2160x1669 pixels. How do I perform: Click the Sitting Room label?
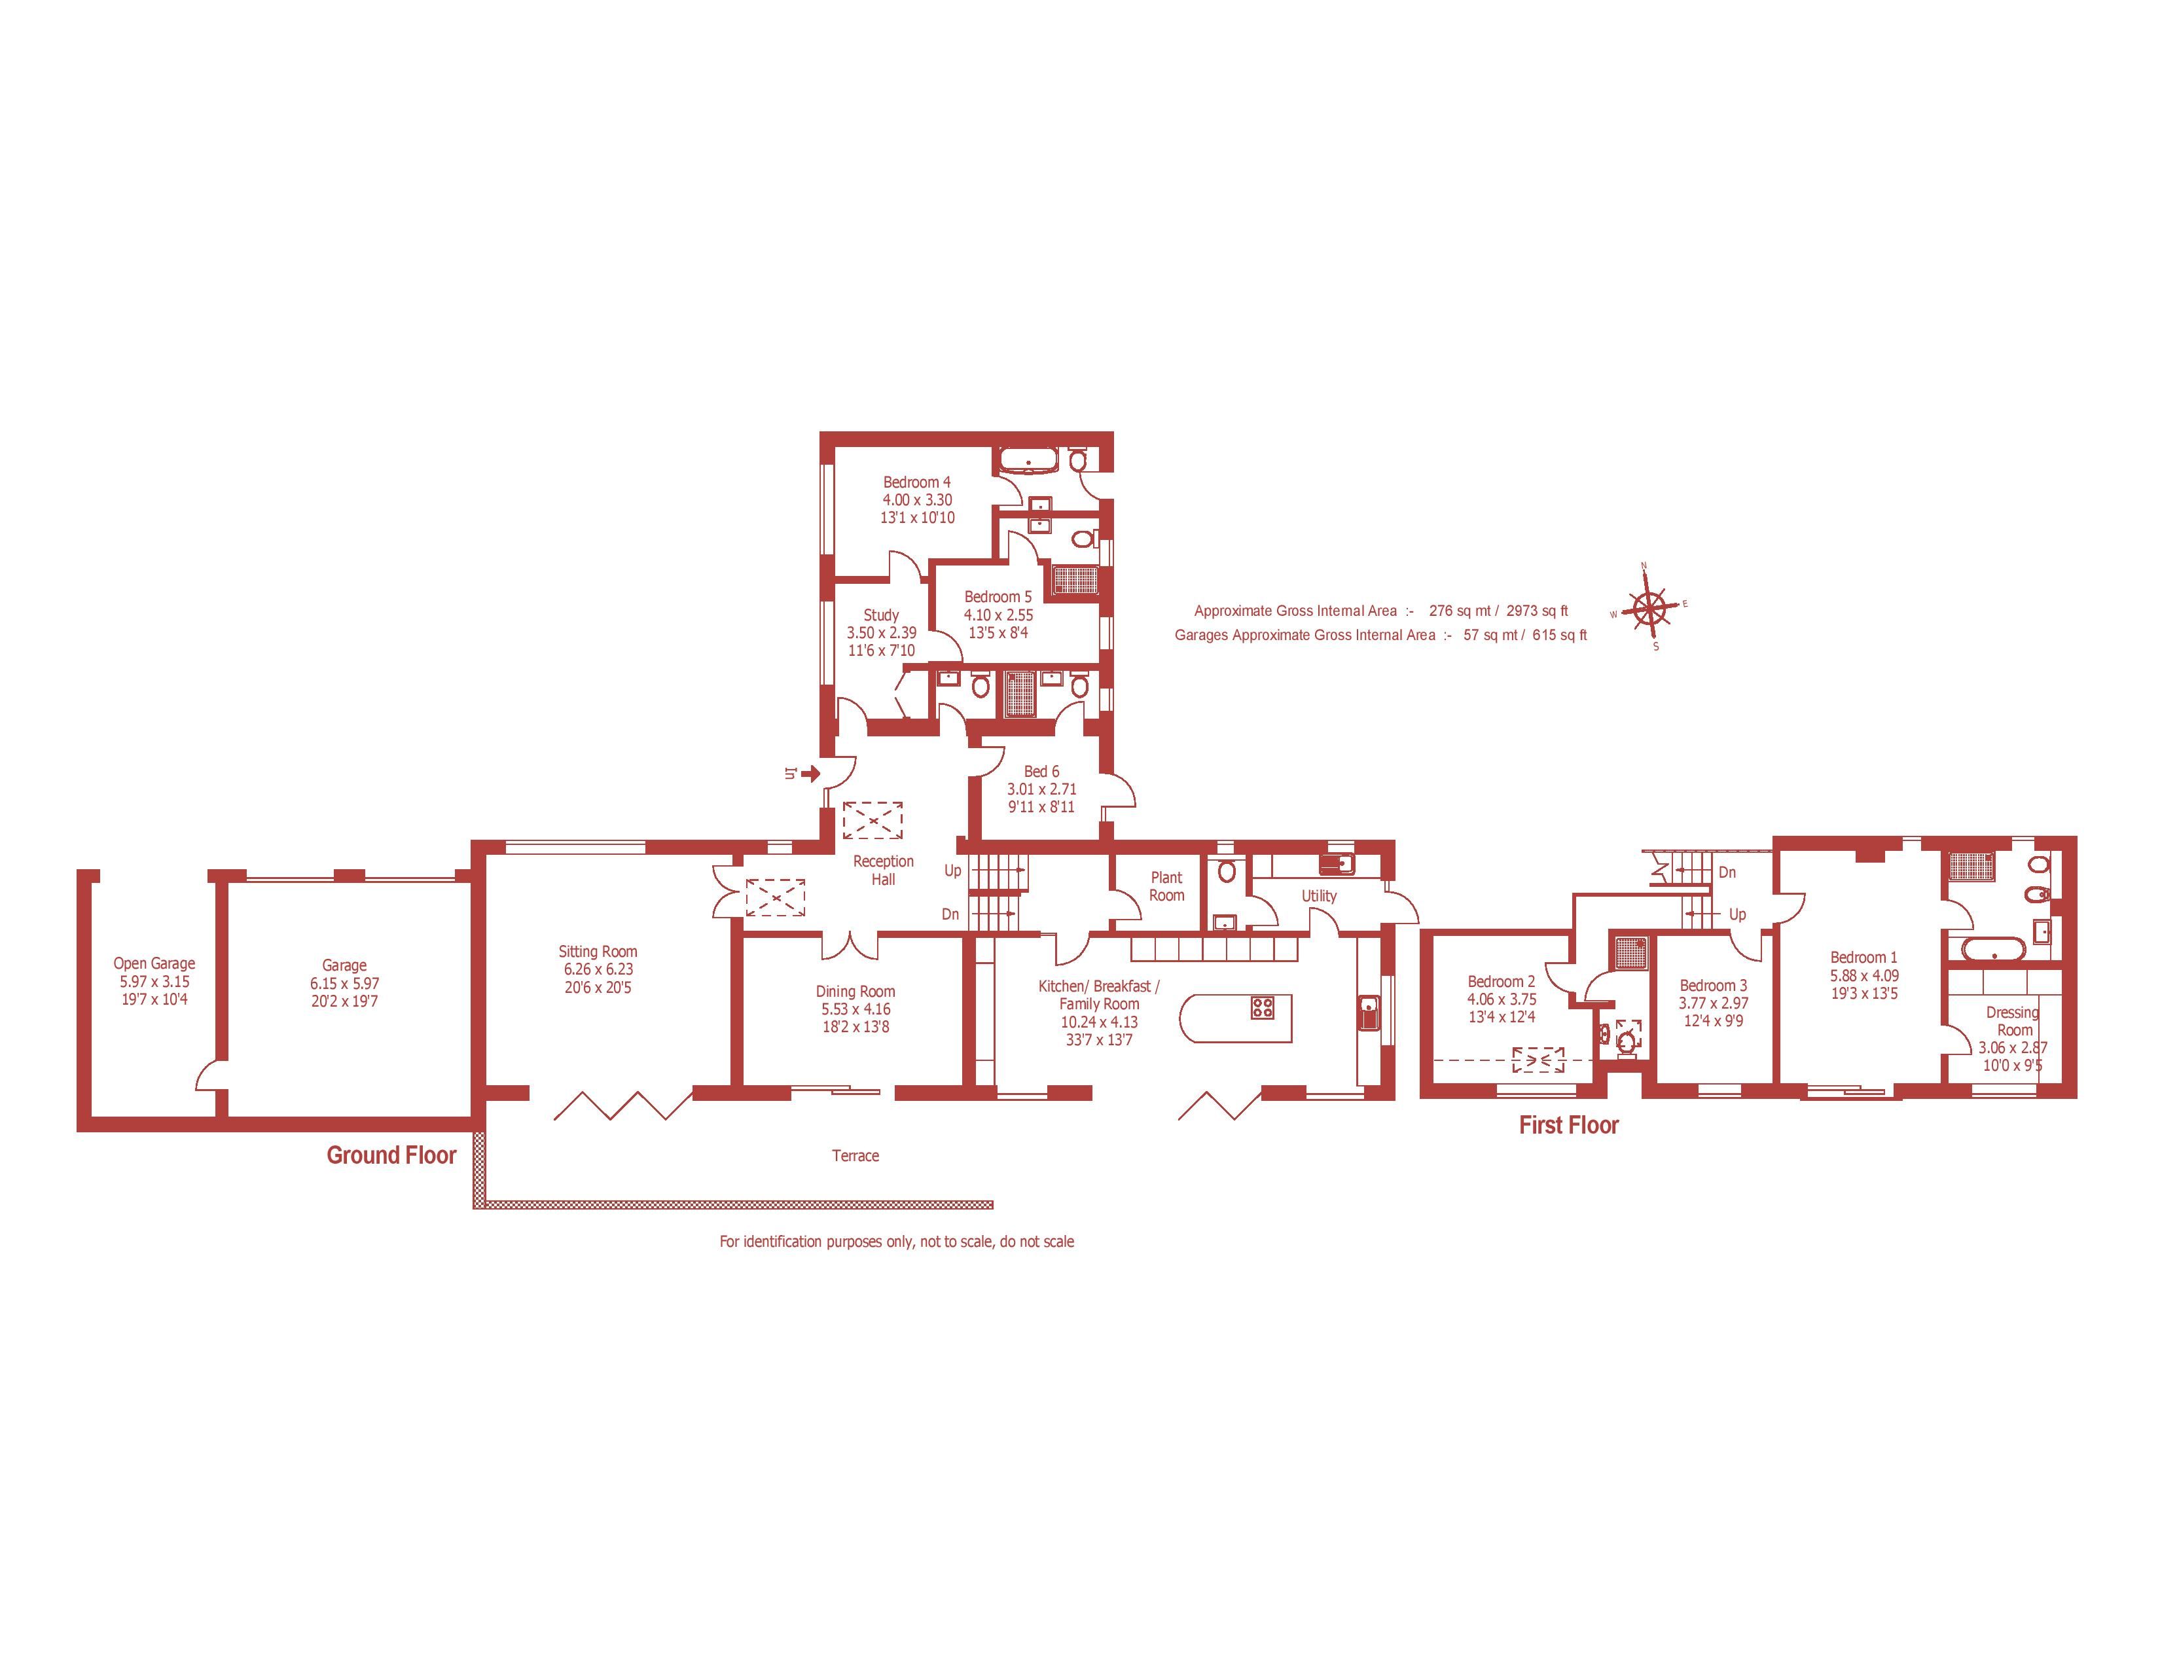[x=598, y=951]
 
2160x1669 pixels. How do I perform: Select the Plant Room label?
[x=1167, y=886]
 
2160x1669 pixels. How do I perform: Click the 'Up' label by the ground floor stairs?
[x=952, y=870]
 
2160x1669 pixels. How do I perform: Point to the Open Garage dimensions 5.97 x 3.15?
[x=154, y=981]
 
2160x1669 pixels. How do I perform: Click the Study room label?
[x=881, y=615]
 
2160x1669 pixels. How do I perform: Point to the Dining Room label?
[x=855, y=991]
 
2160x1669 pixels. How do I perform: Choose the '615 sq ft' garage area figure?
[x=1560, y=635]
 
